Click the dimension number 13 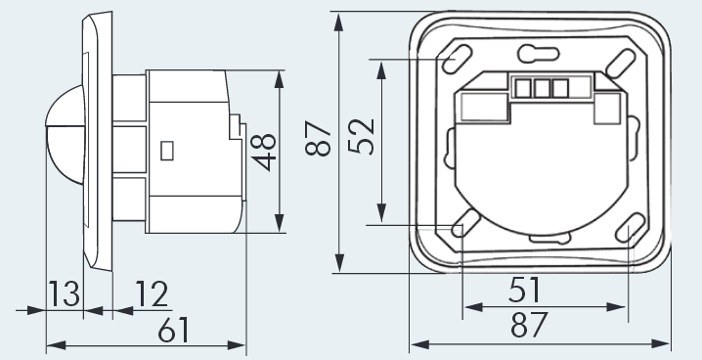click(64, 293)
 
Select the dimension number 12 click(152, 293)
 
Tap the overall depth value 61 click(174, 330)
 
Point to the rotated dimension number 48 click(263, 152)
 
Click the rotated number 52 click(361, 137)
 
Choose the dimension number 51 click(525, 290)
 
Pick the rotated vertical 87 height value click(318, 138)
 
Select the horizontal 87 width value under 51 click(529, 325)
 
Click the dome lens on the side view click(65, 134)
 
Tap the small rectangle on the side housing click(167, 151)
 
